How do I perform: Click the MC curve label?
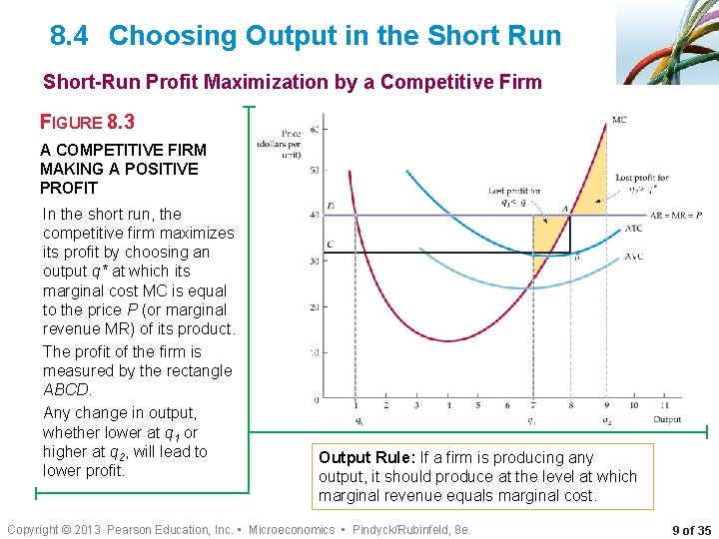tap(619, 121)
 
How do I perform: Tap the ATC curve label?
tap(634, 229)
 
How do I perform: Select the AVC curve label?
tap(634, 259)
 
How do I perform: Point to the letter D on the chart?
tap(330, 207)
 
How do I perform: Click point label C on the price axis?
tap(330, 245)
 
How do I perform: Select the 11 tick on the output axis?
tap(665, 405)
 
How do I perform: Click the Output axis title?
tap(667, 419)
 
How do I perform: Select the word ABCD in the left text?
tap(67, 389)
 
